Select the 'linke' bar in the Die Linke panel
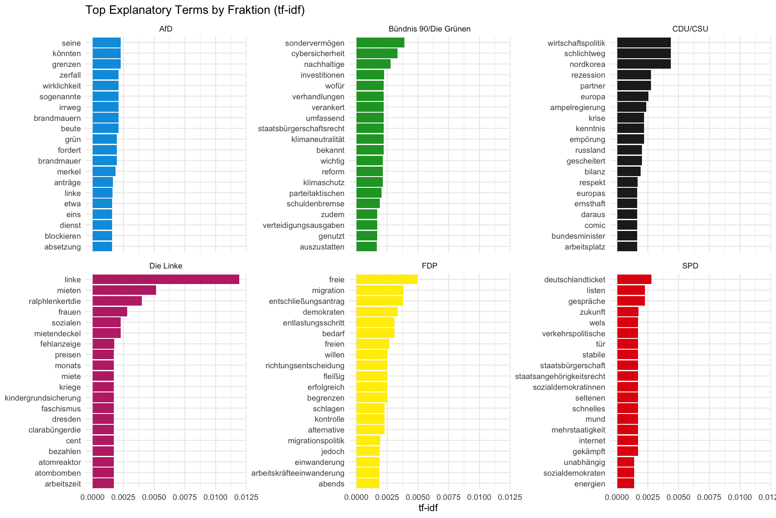pos(166,280)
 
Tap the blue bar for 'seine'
pos(106,43)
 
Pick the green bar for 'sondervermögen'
pos(380,43)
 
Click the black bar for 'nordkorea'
pos(644,64)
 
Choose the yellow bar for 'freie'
pos(387,280)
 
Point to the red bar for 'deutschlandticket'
pos(634,280)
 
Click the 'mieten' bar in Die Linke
pos(124,290)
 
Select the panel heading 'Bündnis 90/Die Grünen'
pos(429,29)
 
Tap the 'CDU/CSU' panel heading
pos(690,29)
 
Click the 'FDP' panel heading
pos(429,266)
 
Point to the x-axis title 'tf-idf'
pos(428,508)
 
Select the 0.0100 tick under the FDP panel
pos(479,497)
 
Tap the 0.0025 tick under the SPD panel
pos(648,497)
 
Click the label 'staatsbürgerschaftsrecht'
pos(301,129)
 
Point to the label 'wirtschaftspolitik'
pos(576,43)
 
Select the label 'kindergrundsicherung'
pos(43,398)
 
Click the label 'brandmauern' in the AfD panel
pos(57,118)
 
